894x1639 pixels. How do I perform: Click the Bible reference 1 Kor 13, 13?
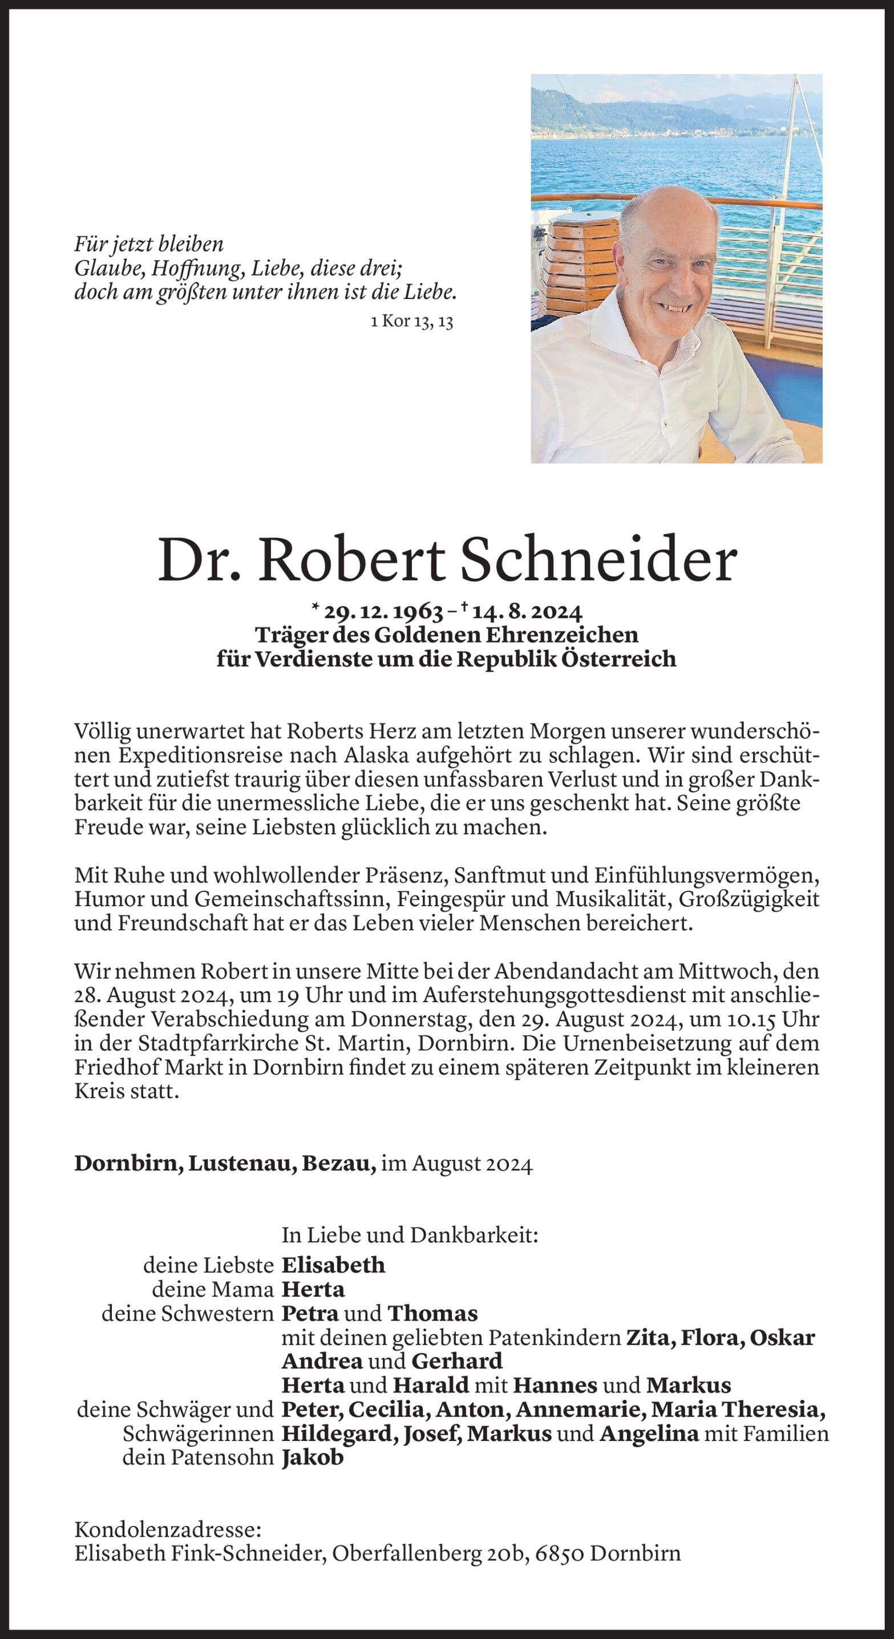click(x=411, y=322)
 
